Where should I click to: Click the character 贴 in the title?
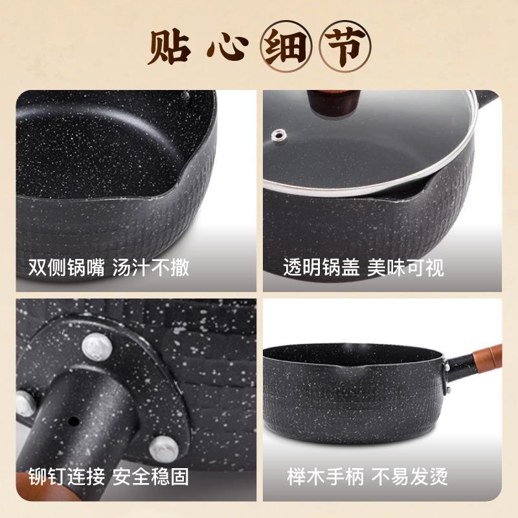tap(170, 46)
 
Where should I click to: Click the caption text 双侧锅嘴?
tap(66, 267)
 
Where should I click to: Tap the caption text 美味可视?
tap(405, 267)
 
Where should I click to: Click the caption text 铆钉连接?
tap(66, 478)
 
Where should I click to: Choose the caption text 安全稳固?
tap(151, 478)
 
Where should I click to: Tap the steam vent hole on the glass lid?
tap(280, 135)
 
